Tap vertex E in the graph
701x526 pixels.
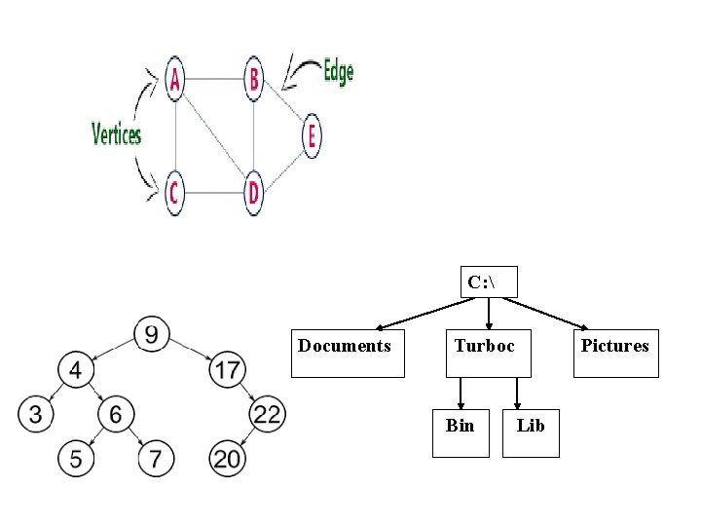click(312, 135)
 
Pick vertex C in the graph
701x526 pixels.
click(174, 193)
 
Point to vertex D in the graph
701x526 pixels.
click(254, 193)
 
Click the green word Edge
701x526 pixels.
click(337, 72)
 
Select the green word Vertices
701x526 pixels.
click(117, 134)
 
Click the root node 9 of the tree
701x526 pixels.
click(152, 335)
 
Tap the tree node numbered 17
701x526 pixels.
click(228, 370)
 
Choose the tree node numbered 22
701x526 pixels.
click(267, 415)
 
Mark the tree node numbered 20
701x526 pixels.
click(228, 459)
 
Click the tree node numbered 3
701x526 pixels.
click(35, 415)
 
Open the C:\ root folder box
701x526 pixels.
click(489, 282)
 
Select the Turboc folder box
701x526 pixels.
click(489, 353)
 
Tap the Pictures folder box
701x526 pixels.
click(615, 353)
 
